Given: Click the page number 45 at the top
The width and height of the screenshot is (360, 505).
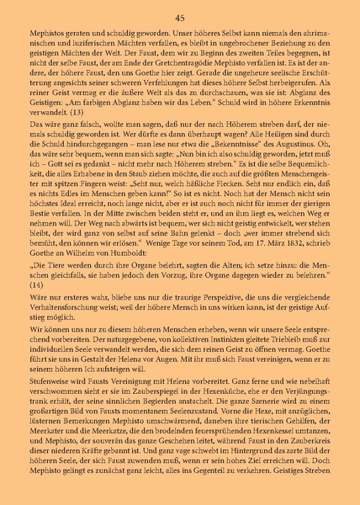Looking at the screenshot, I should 180,18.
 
